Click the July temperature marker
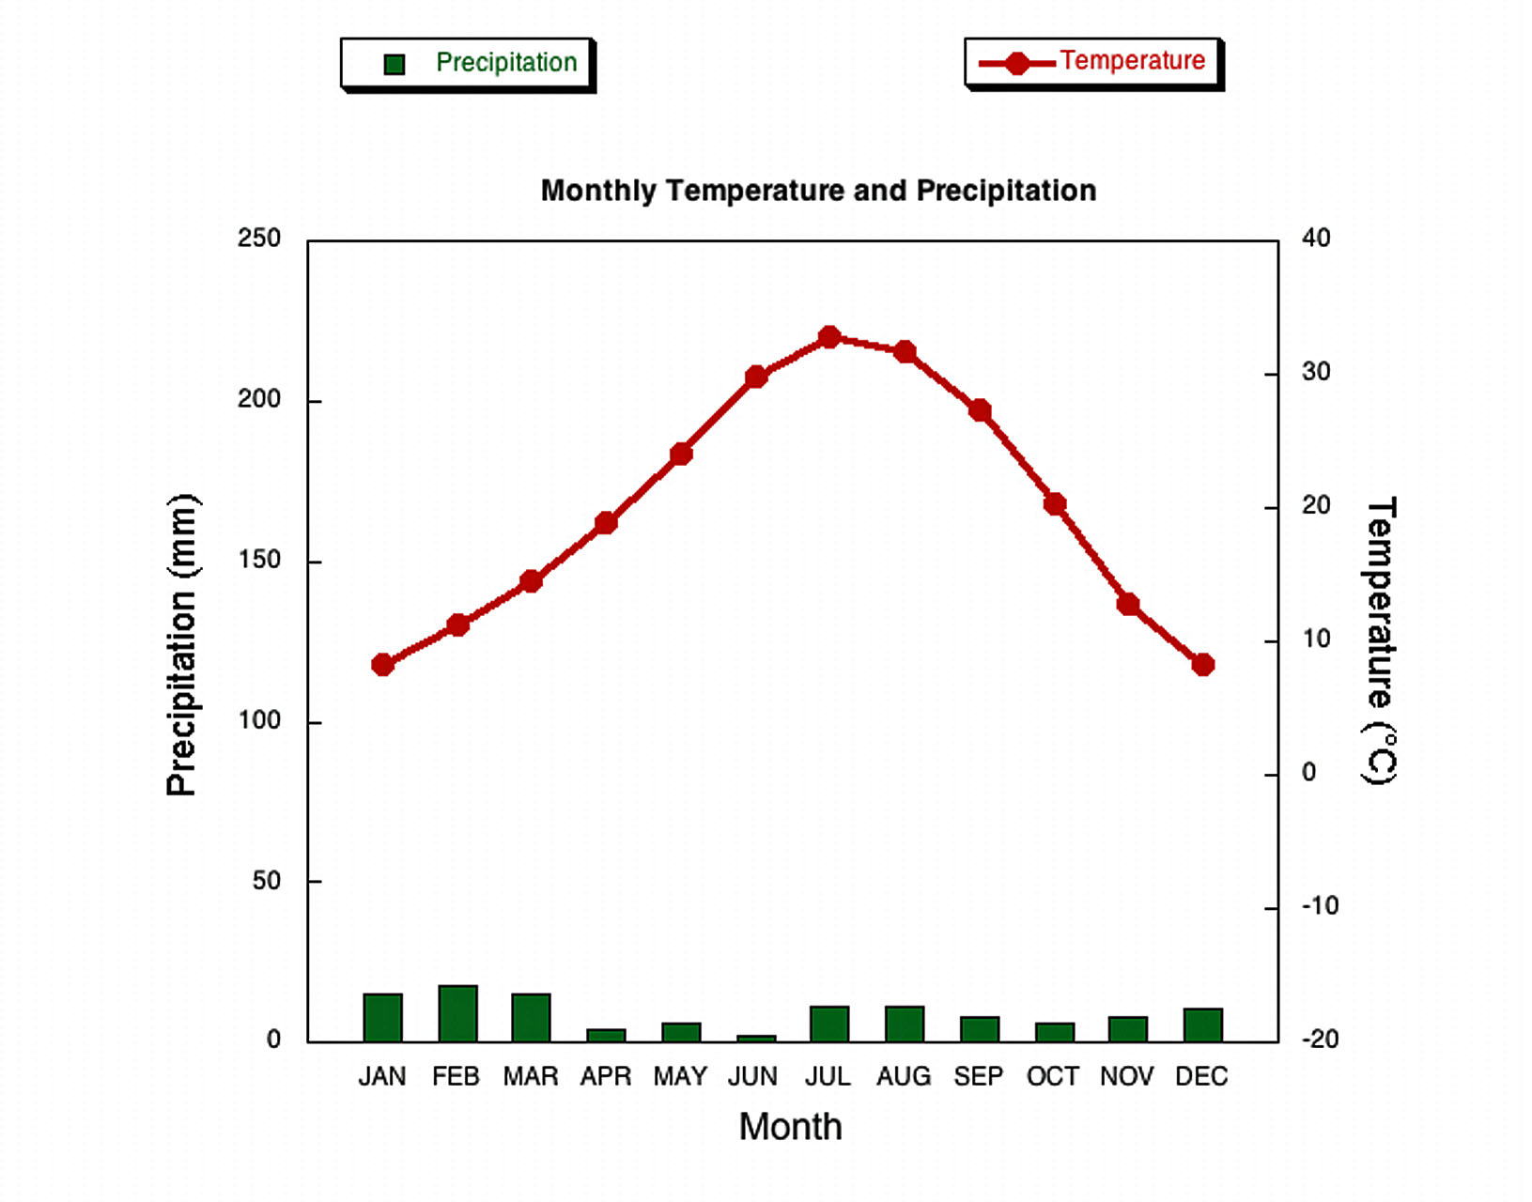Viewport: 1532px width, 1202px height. (x=828, y=337)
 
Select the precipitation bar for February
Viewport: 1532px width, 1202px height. (x=457, y=1013)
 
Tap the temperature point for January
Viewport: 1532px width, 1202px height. (x=382, y=665)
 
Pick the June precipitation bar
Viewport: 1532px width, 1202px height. (x=756, y=1038)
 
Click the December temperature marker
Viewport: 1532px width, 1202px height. (x=1202, y=665)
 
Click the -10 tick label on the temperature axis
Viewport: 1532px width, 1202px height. (x=1320, y=906)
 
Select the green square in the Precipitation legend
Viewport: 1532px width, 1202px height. (x=395, y=64)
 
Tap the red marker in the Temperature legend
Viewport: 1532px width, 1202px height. (x=1016, y=63)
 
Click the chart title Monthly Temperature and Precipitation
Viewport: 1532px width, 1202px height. (x=818, y=191)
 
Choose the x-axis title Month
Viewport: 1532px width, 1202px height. (x=790, y=1126)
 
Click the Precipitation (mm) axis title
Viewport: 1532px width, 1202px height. (x=181, y=644)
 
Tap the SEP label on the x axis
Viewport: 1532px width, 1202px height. (x=979, y=1076)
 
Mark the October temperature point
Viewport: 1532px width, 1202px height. (x=1055, y=504)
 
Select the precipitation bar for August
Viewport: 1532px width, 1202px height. (x=905, y=1024)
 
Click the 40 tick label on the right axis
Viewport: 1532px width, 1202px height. (x=1316, y=239)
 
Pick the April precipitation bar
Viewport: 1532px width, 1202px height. (x=606, y=1035)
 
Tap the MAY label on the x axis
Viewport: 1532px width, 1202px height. (x=680, y=1076)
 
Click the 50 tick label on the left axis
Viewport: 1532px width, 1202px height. (x=267, y=881)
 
